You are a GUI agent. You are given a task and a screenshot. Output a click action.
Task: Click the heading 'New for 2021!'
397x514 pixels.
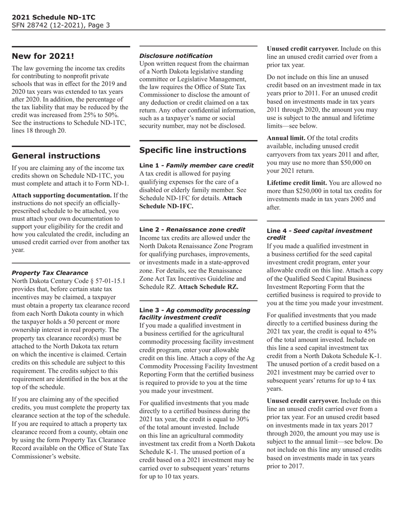tap(43, 56)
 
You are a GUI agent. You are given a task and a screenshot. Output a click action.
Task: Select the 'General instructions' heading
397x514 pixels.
tap(56, 156)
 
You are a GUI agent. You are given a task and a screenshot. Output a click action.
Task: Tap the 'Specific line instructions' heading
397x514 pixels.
tap(193, 150)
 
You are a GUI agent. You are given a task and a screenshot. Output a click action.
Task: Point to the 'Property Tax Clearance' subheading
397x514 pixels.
tap(50, 273)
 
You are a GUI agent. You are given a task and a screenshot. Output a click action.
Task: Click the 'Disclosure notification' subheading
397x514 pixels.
tap(176, 56)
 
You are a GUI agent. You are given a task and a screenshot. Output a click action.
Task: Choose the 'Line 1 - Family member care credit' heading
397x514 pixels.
tap(196, 165)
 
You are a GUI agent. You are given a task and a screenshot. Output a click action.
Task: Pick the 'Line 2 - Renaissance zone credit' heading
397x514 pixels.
tap(192, 229)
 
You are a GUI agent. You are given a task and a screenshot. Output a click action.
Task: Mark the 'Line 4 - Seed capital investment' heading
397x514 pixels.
tap(319, 231)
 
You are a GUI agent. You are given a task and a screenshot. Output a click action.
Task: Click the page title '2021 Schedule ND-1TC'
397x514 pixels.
tap(53, 17)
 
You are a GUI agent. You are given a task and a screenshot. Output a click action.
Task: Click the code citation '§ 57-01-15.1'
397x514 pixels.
tap(107, 281)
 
